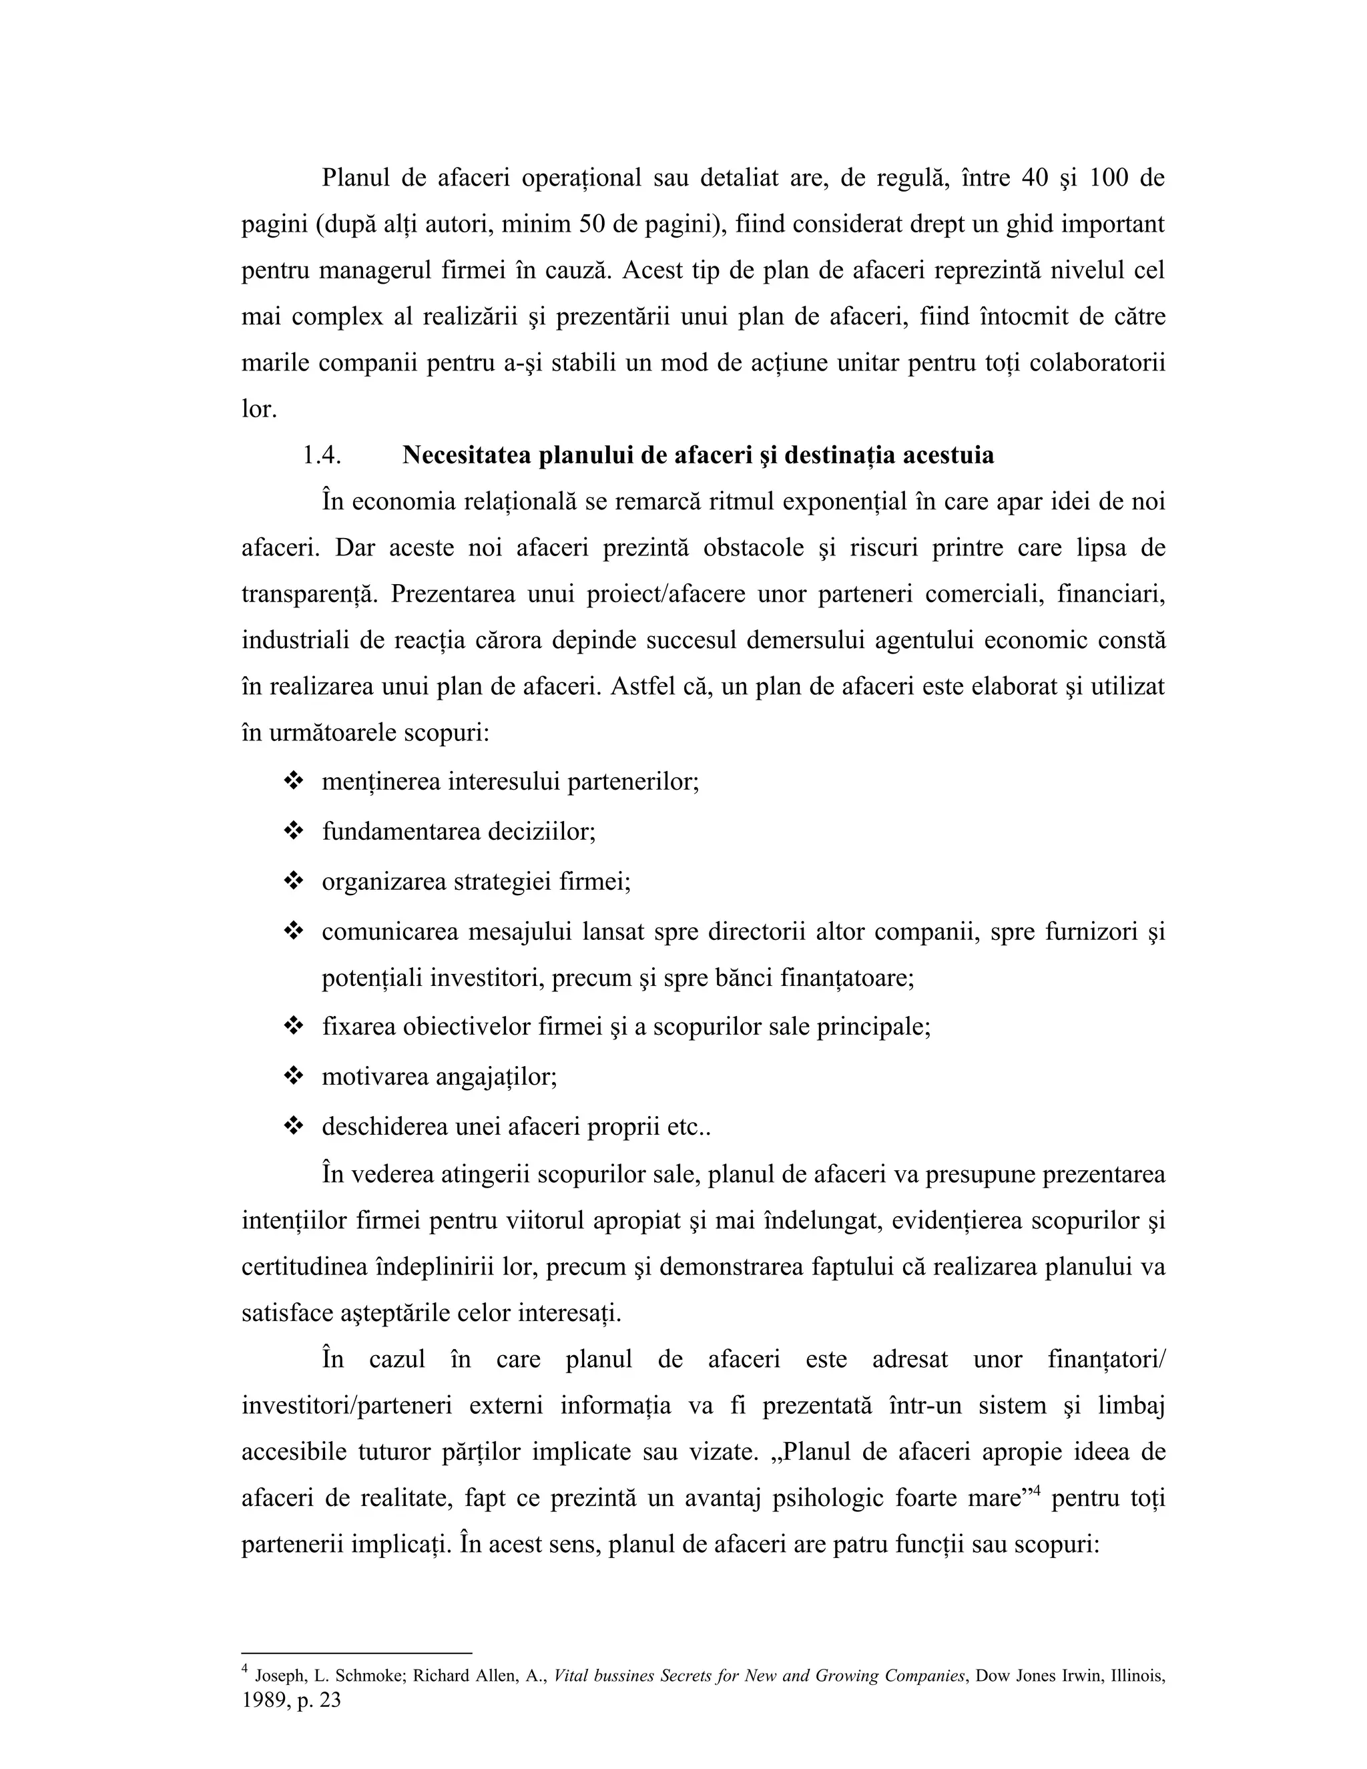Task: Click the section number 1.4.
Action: tap(322, 456)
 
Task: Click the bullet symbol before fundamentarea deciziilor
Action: tap(292, 831)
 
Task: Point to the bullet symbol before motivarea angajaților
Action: tap(292, 1077)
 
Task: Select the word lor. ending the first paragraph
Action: tap(258, 410)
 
